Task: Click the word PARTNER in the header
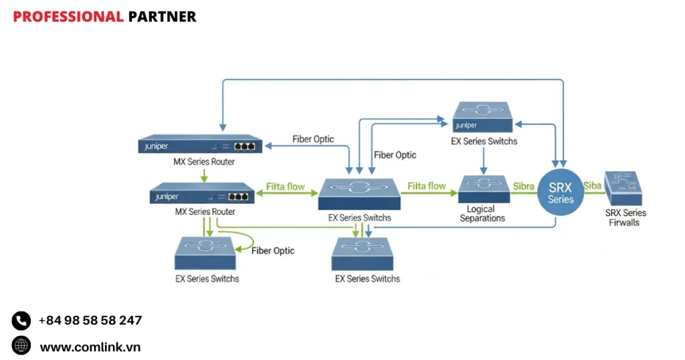pyautogui.click(x=162, y=17)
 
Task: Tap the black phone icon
pyautogui.click(x=21, y=321)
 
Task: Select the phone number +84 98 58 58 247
pyautogui.click(x=90, y=321)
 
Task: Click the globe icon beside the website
pyautogui.click(x=21, y=346)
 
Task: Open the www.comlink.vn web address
pyautogui.click(x=90, y=347)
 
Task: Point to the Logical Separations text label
pyautogui.click(x=482, y=214)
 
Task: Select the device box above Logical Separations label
pyautogui.click(x=484, y=189)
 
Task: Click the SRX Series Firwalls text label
pyautogui.click(x=625, y=217)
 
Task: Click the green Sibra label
pyautogui.click(x=523, y=186)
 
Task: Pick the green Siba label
pyautogui.click(x=592, y=186)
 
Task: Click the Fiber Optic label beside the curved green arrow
pyautogui.click(x=273, y=250)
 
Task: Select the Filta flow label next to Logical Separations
pyautogui.click(x=427, y=186)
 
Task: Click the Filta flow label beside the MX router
pyautogui.click(x=286, y=187)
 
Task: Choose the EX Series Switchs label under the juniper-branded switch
pyautogui.click(x=484, y=141)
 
